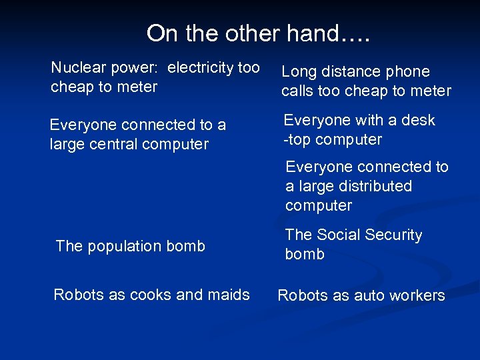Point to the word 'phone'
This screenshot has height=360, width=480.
pos(407,71)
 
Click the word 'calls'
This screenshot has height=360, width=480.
pos(298,91)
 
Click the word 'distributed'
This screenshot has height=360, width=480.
pos(375,186)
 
